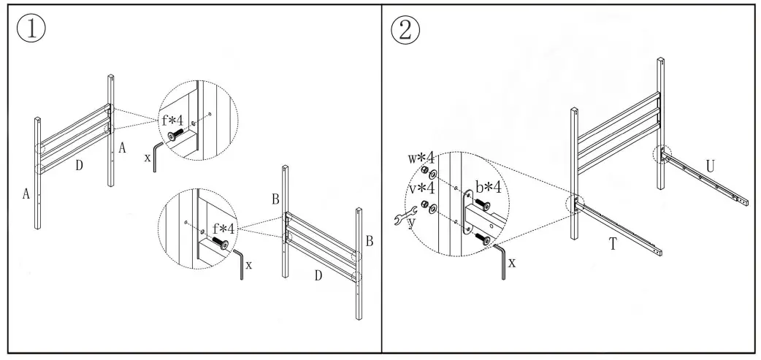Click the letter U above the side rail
pyautogui.click(x=710, y=166)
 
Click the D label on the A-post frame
pyautogui.click(x=80, y=166)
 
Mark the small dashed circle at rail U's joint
pyautogui.click(x=662, y=154)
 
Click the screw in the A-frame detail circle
pyautogui.click(x=177, y=134)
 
